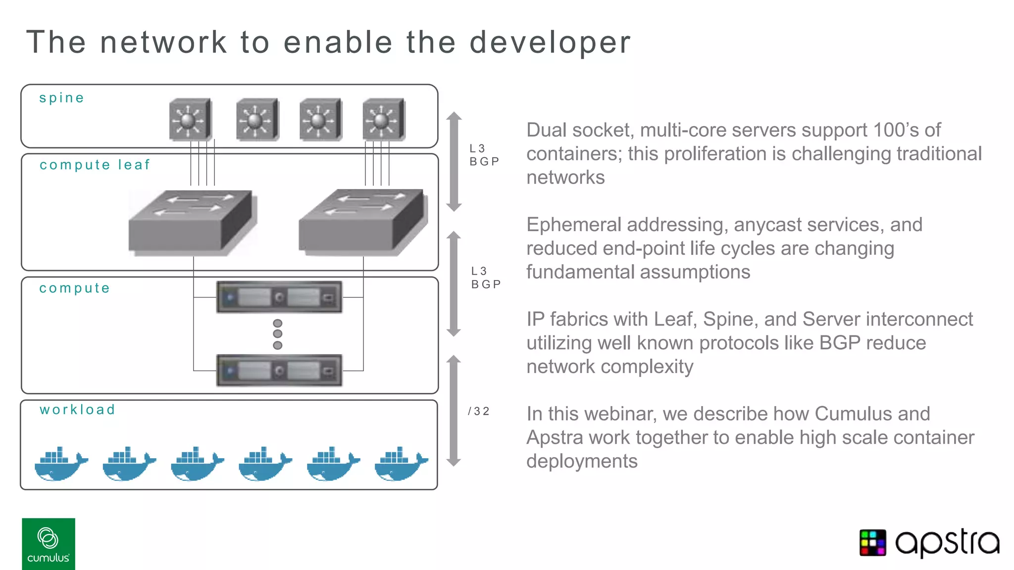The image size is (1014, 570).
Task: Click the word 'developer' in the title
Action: click(550, 43)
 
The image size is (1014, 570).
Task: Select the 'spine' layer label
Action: click(61, 98)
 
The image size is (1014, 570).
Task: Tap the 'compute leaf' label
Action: click(95, 165)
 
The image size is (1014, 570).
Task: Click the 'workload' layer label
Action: click(77, 410)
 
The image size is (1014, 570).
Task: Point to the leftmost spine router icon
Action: click(190, 120)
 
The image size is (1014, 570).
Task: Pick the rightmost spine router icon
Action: click(384, 120)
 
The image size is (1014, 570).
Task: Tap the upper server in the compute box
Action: click(279, 297)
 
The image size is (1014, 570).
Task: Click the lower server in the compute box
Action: click(279, 370)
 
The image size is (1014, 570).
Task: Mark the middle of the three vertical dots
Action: click(278, 334)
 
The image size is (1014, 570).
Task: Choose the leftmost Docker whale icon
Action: click(60, 464)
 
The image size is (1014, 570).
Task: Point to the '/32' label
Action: click(478, 411)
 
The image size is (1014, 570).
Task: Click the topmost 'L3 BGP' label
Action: click(484, 155)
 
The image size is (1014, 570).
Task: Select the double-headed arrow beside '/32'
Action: click(454, 411)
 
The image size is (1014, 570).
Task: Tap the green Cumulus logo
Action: click(49, 544)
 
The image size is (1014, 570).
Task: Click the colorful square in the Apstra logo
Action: click(872, 543)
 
